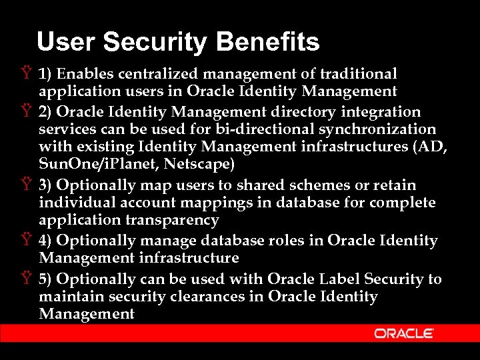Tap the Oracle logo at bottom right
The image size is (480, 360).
point(404,333)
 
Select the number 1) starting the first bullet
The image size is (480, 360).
point(47,73)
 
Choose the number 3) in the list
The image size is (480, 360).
point(47,185)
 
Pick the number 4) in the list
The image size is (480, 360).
point(47,240)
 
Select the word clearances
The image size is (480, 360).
point(207,296)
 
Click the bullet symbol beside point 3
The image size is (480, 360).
point(25,185)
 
